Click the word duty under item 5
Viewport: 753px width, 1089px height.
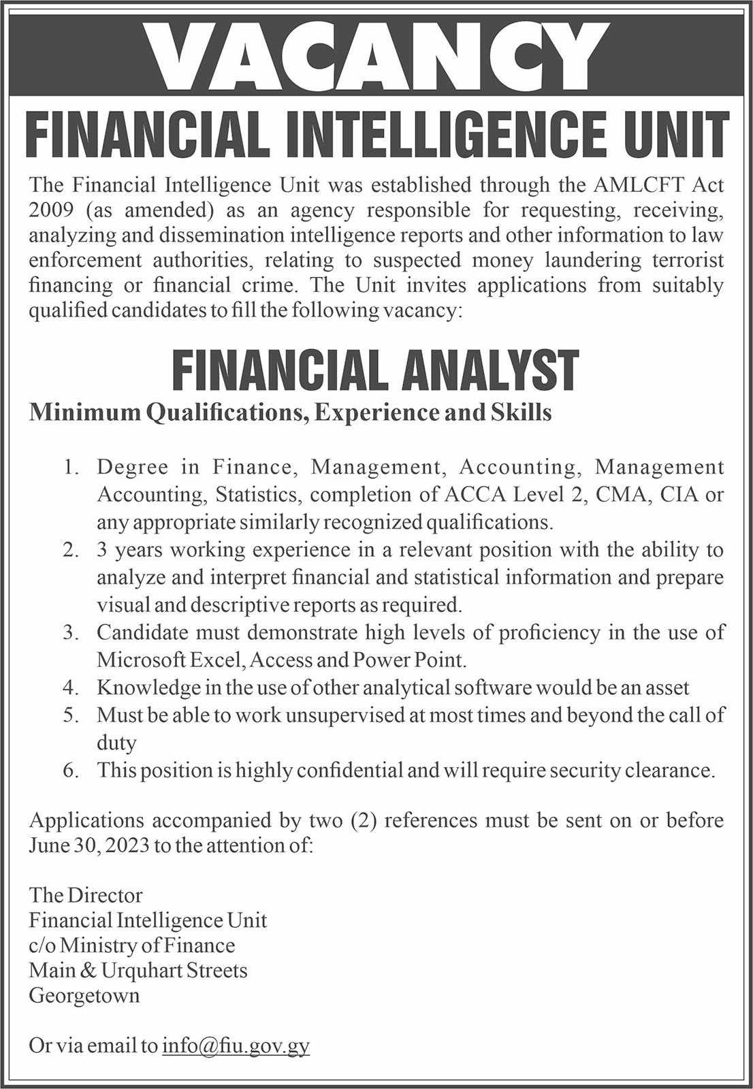(x=116, y=743)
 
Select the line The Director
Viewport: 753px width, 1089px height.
(x=86, y=895)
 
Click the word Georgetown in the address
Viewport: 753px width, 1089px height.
(x=84, y=996)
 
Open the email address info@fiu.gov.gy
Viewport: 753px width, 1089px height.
(x=236, y=1045)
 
